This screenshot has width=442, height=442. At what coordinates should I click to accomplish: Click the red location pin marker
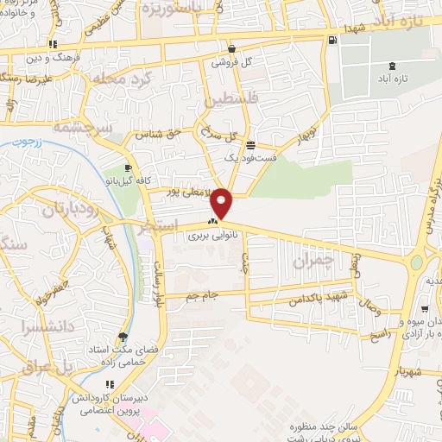pyautogui.click(x=222, y=201)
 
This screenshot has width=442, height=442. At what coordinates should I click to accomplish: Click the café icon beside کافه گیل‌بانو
pyautogui.click(x=128, y=168)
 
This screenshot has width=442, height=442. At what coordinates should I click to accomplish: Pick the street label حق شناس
pyautogui.click(x=159, y=135)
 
